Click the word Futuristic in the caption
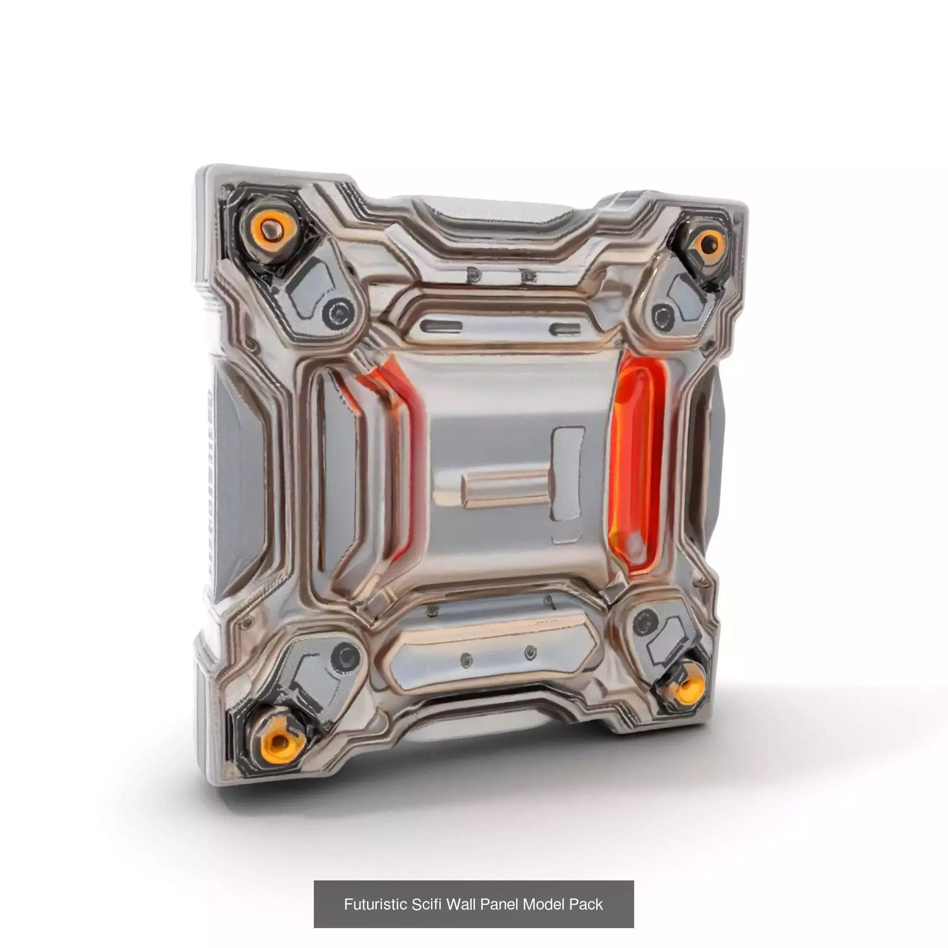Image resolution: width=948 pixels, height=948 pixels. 375,904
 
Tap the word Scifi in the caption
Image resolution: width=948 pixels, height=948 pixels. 427,904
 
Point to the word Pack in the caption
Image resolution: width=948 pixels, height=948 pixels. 586,904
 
